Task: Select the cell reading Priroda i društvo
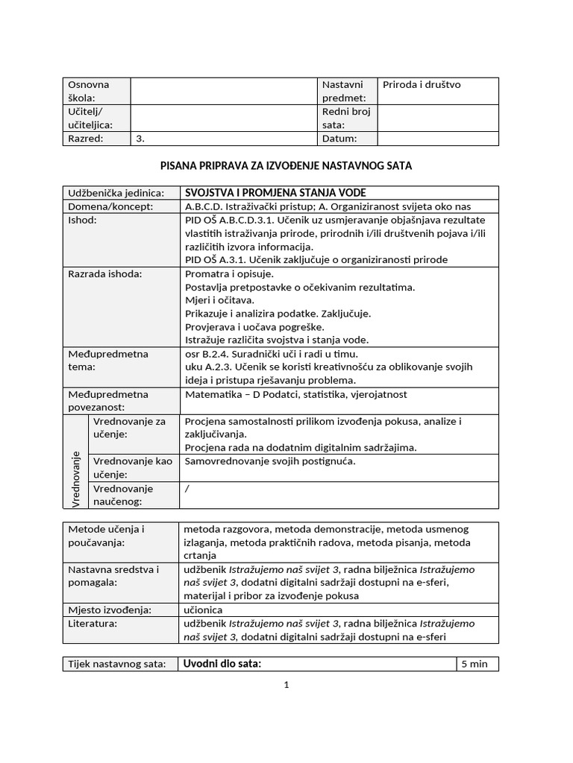422,85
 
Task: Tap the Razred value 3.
140,139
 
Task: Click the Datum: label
339,139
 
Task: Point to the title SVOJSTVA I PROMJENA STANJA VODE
275,193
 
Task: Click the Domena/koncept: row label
110,206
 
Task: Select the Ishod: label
82,221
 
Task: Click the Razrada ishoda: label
104,274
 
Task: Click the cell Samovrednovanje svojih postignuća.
270,461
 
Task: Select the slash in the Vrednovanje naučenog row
187,489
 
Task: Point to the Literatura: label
93,624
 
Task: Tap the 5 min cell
475,664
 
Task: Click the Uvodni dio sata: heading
222,664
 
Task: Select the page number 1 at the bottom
286,686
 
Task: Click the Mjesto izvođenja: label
109,610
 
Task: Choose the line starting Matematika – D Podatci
296,395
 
